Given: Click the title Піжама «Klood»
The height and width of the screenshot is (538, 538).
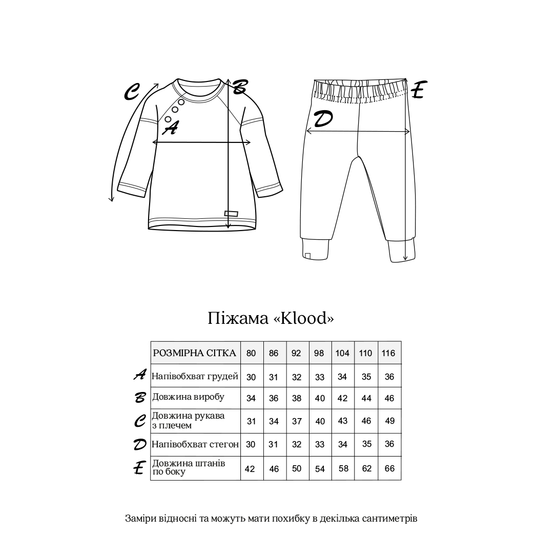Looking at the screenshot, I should coord(271,318).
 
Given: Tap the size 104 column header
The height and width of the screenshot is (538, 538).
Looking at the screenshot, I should coord(342,354).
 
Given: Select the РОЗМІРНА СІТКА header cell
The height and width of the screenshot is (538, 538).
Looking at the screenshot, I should coord(195,353).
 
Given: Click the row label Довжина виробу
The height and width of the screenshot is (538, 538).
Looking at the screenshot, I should coord(188,397).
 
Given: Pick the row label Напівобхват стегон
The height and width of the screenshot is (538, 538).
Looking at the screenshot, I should coord(195,444).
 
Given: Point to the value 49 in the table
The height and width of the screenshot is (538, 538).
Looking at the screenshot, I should coord(389,421).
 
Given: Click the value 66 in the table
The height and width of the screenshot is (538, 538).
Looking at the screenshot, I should coord(389,468).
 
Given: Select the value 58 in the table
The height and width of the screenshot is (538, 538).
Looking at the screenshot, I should coord(343,468).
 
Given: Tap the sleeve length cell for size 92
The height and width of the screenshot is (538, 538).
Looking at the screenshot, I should coord(297,421).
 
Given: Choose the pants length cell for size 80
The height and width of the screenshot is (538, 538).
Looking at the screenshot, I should coord(251,468).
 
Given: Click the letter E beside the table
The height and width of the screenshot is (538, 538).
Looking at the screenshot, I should coord(138,468).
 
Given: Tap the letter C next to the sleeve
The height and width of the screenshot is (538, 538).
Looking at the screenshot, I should coord(132,92).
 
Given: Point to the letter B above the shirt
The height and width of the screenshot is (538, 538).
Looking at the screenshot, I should coord(239,87).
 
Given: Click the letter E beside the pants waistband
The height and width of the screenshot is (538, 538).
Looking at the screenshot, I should coord(418,90).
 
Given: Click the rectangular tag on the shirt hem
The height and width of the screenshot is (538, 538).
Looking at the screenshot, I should coord(232,213).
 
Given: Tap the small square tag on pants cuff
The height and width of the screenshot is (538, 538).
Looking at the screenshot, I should coord(307,255).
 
